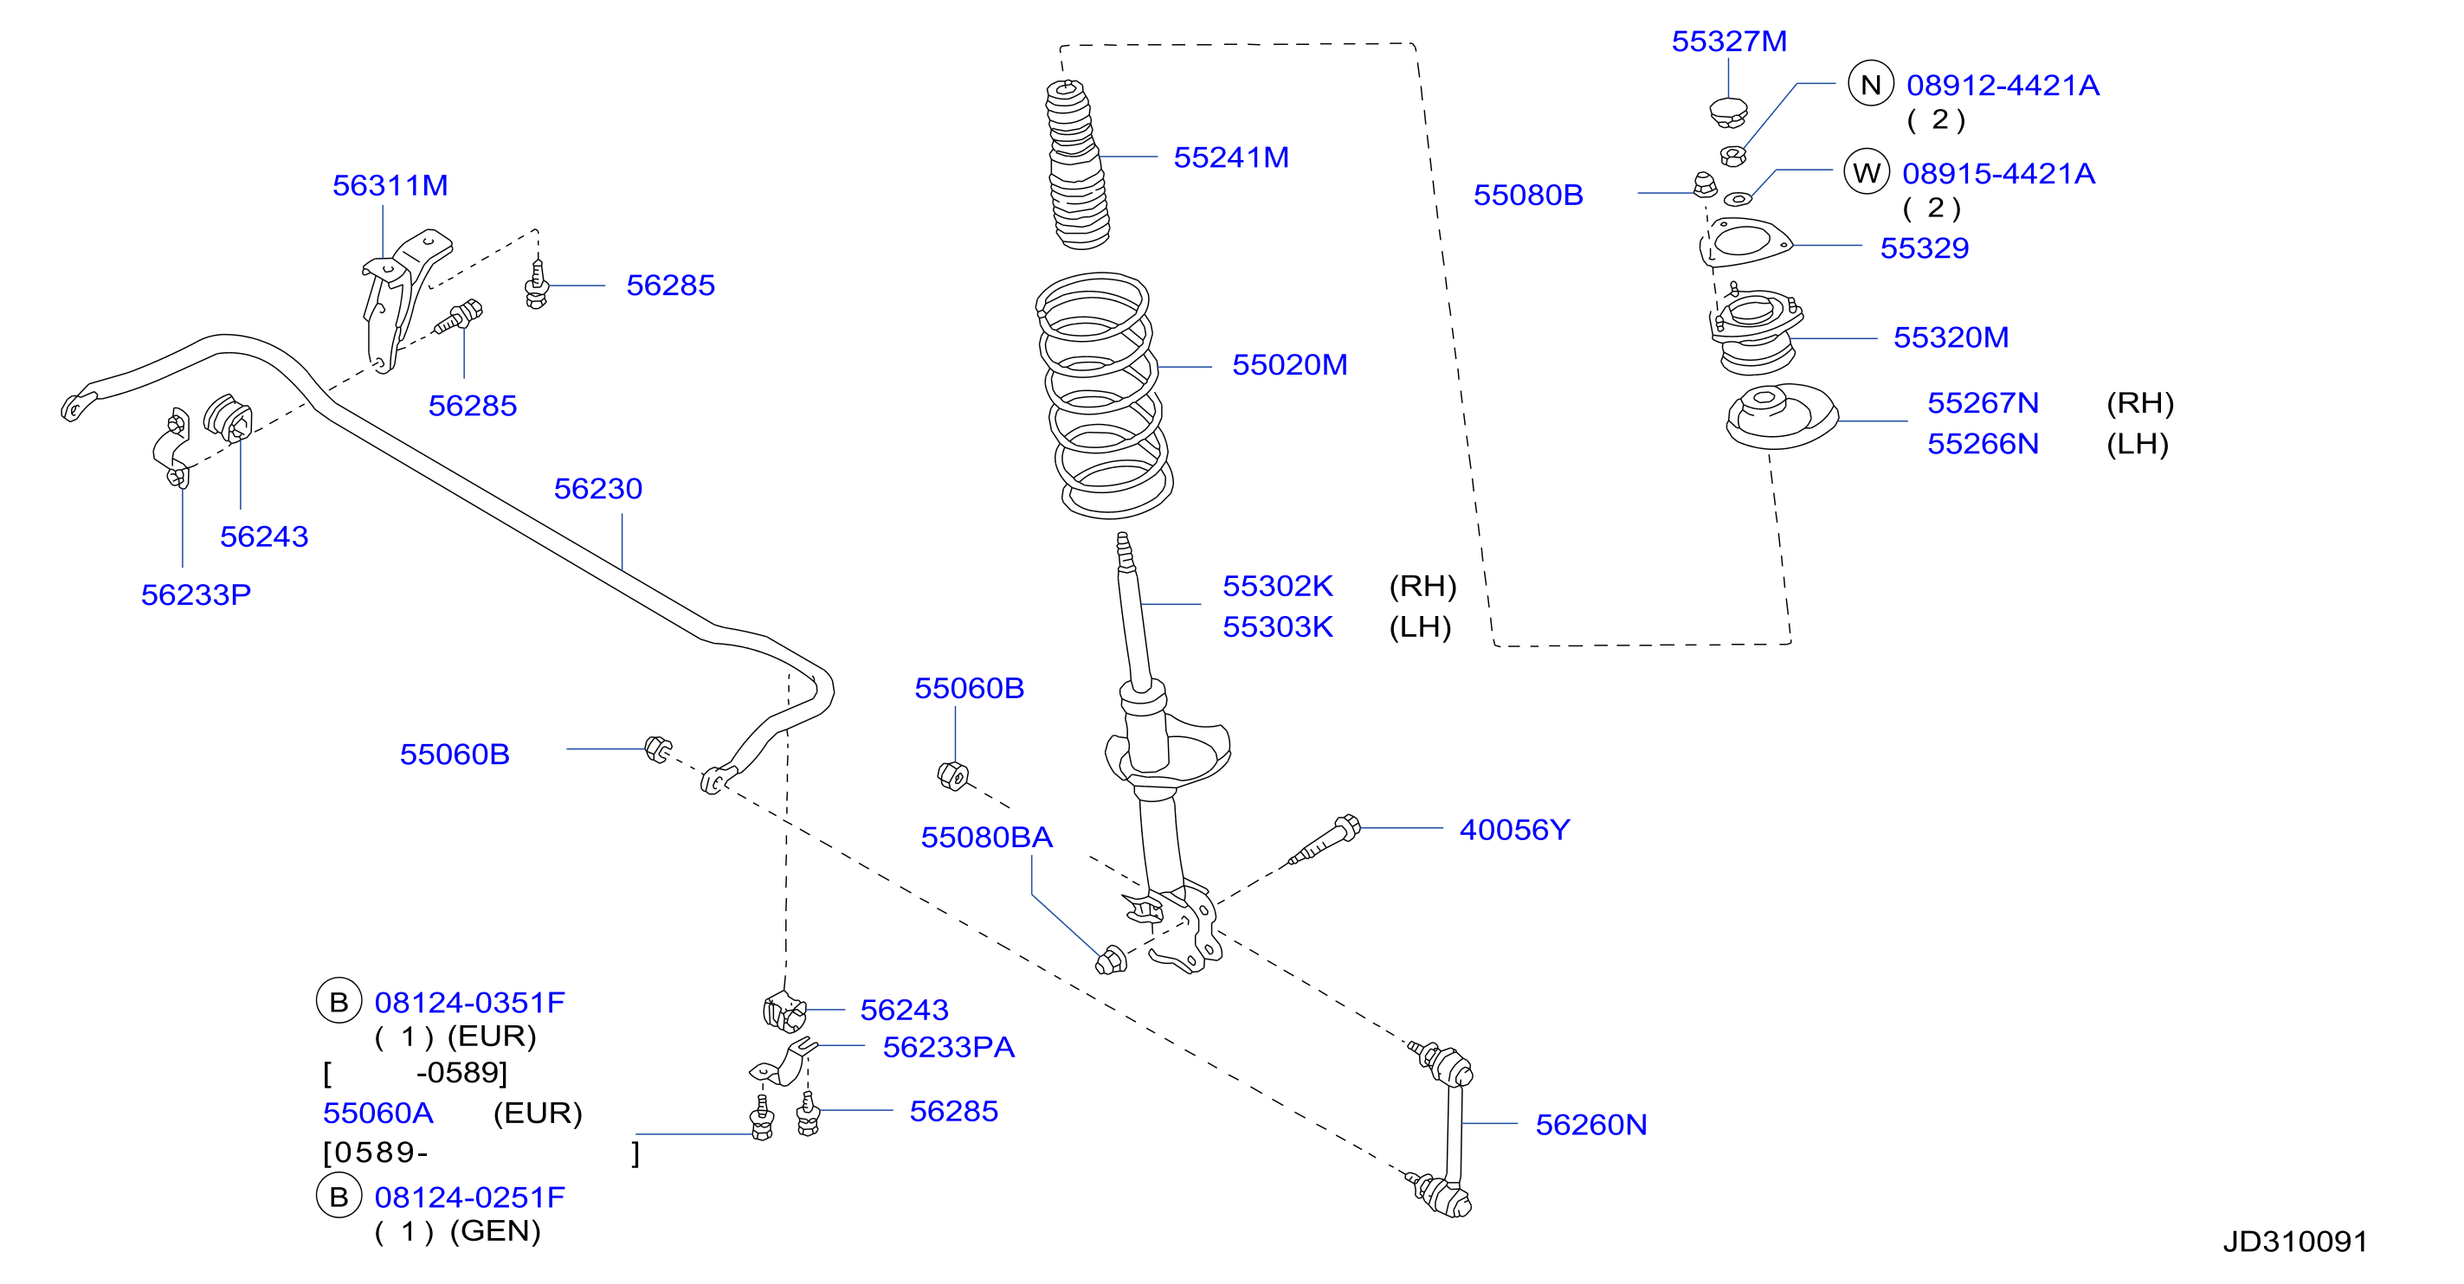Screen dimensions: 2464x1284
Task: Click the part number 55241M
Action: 1231,157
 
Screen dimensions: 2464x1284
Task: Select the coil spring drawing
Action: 1105,395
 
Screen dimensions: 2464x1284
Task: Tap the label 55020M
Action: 1289,364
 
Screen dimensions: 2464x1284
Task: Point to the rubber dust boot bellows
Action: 1078,164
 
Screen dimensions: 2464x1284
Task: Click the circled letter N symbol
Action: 1871,84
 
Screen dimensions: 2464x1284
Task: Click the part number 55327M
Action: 1728,42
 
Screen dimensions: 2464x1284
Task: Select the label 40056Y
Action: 1514,829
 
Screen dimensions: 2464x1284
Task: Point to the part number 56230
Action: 598,489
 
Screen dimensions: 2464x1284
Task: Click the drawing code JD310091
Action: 2294,1241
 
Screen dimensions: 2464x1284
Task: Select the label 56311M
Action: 390,184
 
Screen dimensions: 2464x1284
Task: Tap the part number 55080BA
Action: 986,837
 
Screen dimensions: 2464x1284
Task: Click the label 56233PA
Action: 948,1047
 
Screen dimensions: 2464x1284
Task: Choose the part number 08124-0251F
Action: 469,1197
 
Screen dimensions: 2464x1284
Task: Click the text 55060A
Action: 377,1113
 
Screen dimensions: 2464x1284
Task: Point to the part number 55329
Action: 1925,247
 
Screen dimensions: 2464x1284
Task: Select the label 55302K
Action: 1278,585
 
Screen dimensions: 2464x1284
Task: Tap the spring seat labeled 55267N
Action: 1781,417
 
